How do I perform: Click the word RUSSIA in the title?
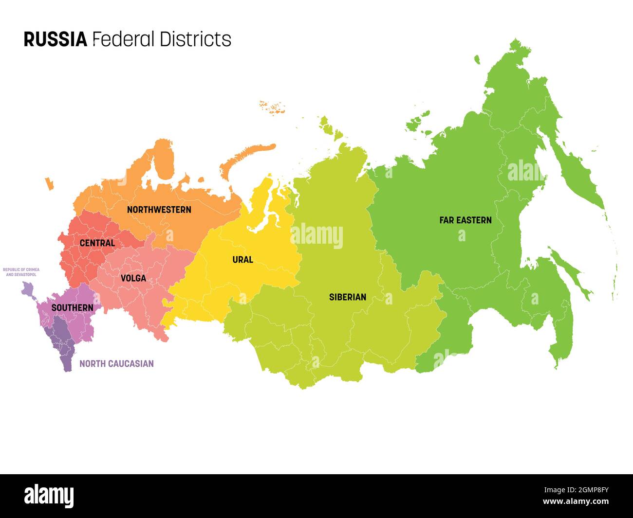point(55,39)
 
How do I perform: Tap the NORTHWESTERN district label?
point(159,210)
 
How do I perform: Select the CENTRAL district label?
point(97,243)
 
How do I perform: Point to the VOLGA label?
point(133,278)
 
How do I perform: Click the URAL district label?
point(242,260)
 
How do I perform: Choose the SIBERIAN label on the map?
point(347,297)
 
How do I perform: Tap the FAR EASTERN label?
point(465,220)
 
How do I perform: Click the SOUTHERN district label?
point(72,308)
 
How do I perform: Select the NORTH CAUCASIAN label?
point(116,363)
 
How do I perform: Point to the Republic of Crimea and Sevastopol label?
point(21,272)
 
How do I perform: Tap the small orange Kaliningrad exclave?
point(49,184)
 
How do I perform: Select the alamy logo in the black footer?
point(49,496)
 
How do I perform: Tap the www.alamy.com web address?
point(575,502)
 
